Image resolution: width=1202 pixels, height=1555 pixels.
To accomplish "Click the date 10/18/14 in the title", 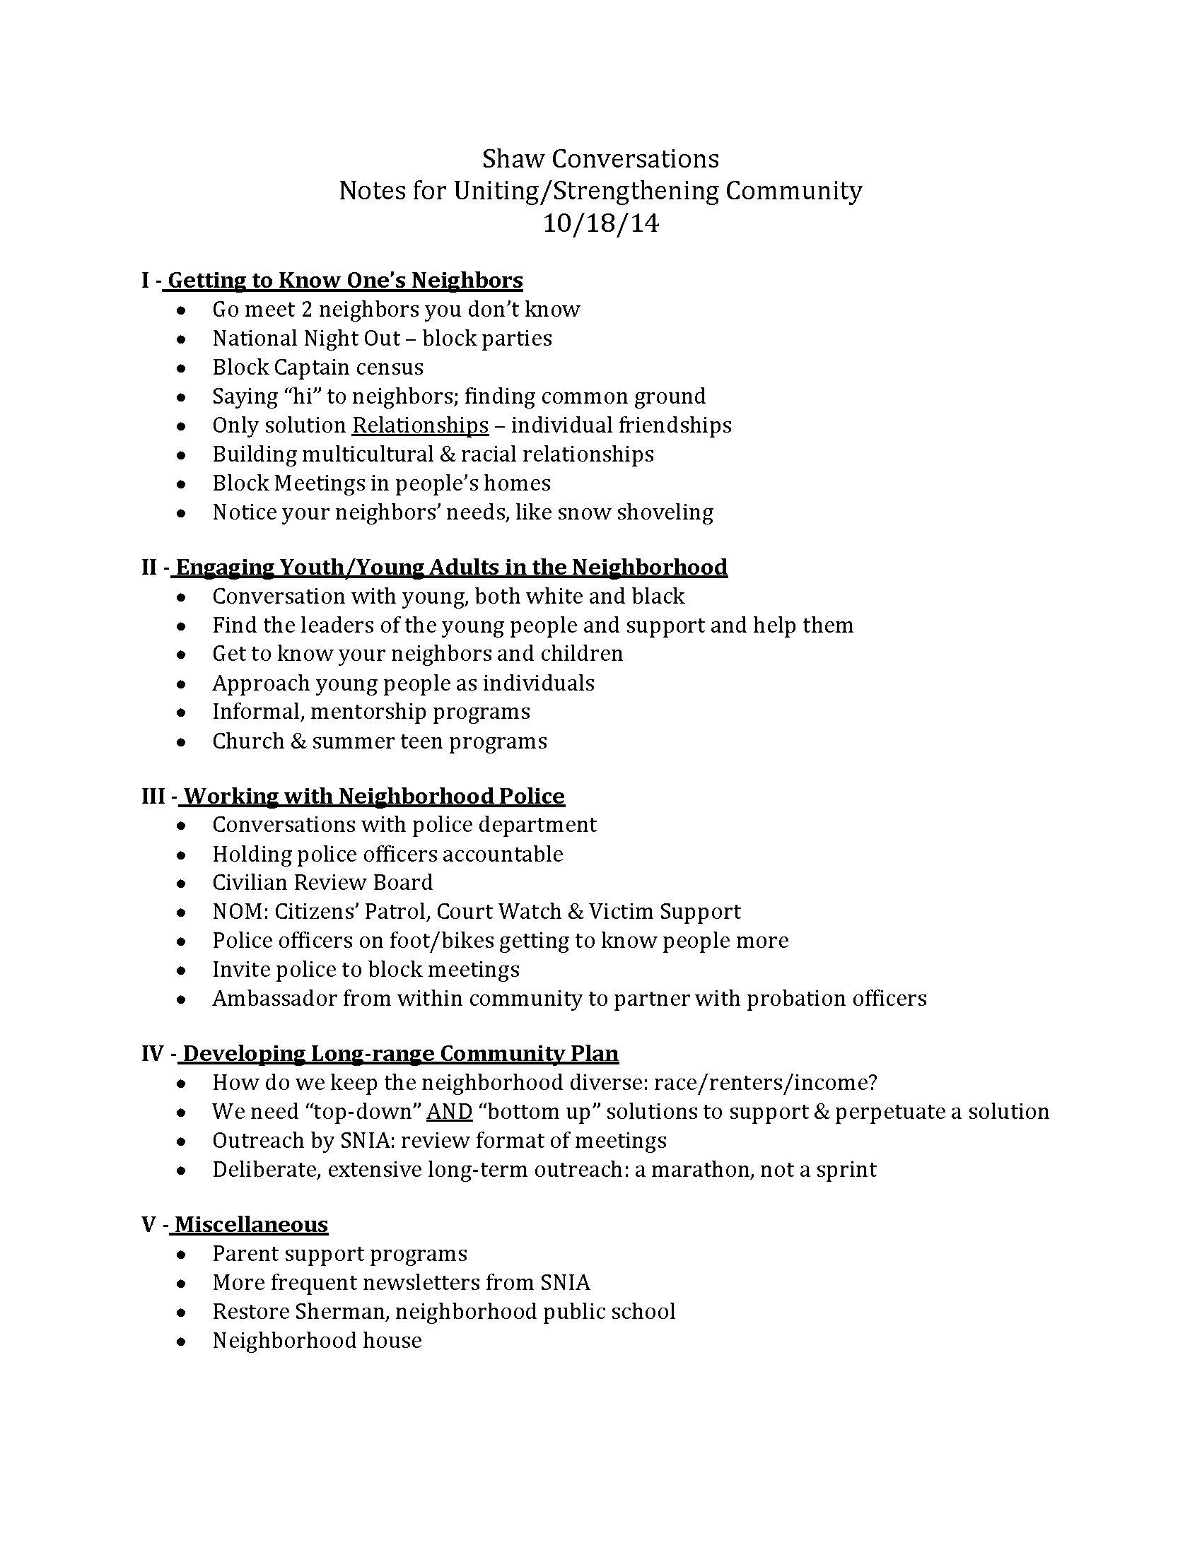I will coord(600,223).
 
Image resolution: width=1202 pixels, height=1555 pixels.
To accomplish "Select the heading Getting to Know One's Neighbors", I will coord(344,280).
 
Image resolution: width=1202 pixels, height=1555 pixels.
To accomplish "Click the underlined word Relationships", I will coord(420,425).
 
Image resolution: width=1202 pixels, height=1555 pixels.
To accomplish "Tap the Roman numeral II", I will coord(149,567).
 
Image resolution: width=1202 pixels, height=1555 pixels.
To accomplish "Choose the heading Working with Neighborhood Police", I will coord(374,795).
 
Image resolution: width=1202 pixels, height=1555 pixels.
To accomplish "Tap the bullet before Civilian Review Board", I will coord(182,883).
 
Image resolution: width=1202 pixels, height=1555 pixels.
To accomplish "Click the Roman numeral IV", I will coord(154,1053).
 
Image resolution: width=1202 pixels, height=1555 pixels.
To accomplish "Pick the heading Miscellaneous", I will coord(252,1224).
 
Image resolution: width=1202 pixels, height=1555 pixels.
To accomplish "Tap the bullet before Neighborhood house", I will coord(182,1341).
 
